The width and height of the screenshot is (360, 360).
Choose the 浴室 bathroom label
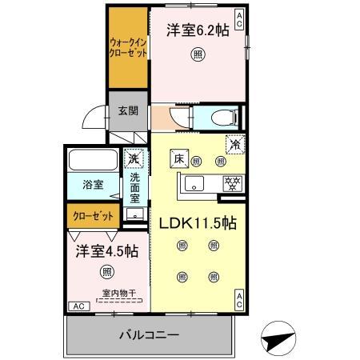point(93,185)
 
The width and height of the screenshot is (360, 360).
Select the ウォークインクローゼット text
point(127,48)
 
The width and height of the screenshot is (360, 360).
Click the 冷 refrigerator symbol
point(234,146)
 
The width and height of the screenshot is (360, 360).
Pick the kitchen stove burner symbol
point(232,183)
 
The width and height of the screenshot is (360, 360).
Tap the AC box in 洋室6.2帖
point(238,16)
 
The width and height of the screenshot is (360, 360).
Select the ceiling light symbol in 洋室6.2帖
point(196,55)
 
